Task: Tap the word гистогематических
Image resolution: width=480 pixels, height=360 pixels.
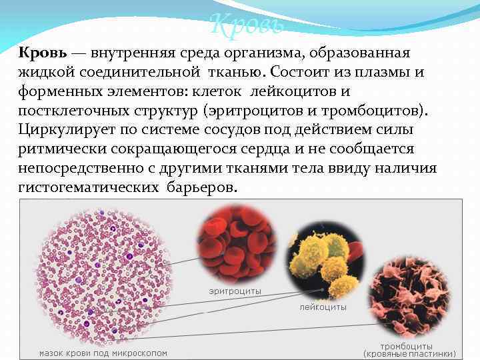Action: coord(86,187)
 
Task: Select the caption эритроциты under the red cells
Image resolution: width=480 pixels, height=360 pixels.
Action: coord(235,291)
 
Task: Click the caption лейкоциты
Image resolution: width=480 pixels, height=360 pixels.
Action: coord(323,307)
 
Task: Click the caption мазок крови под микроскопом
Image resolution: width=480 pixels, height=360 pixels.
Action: coord(103,353)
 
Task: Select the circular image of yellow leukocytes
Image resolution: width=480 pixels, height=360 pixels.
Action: coord(325,261)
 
